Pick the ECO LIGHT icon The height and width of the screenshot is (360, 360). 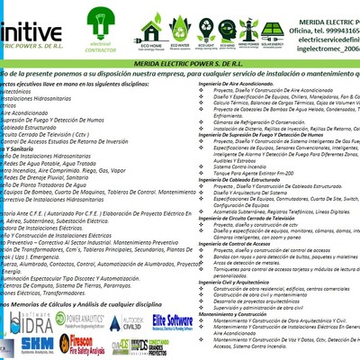pos(208,33)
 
